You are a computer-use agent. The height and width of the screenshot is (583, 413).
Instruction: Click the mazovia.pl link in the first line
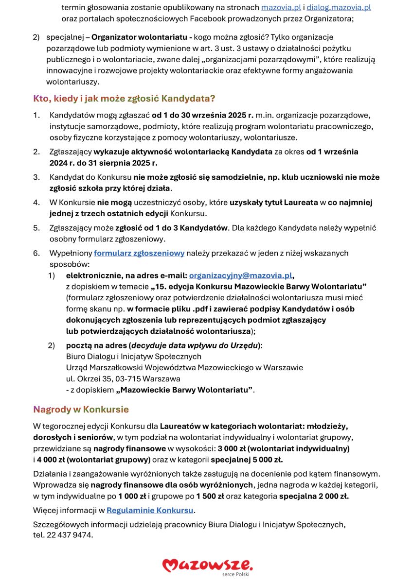[x=281, y=8]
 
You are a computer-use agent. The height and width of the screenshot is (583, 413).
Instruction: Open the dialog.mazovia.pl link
[x=339, y=8]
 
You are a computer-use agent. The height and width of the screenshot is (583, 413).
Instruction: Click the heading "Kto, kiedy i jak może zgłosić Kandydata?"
[x=124, y=99]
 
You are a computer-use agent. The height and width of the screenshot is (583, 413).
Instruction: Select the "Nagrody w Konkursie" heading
[x=81, y=409]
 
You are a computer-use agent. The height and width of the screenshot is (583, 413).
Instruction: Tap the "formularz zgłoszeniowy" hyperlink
[x=139, y=253]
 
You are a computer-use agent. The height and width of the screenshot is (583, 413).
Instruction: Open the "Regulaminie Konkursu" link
[x=150, y=510]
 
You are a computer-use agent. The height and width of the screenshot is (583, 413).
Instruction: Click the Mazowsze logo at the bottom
[x=208, y=565]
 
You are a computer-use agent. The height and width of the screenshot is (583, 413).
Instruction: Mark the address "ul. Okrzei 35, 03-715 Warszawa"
[x=123, y=378]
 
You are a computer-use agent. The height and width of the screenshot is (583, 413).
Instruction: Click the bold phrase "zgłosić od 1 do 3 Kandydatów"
[x=172, y=228]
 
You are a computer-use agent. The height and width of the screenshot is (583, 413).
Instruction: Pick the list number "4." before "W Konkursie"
[x=36, y=203]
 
